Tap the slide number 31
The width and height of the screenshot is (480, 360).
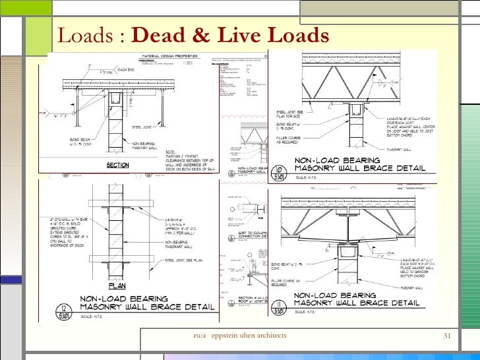click(x=447, y=336)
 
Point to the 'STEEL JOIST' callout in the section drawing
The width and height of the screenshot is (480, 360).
click(x=143, y=127)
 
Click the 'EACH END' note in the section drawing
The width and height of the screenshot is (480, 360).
click(x=125, y=69)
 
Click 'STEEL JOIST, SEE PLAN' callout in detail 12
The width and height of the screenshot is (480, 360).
click(x=181, y=260)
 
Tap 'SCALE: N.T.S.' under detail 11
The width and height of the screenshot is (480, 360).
click(x=305, y=311)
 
